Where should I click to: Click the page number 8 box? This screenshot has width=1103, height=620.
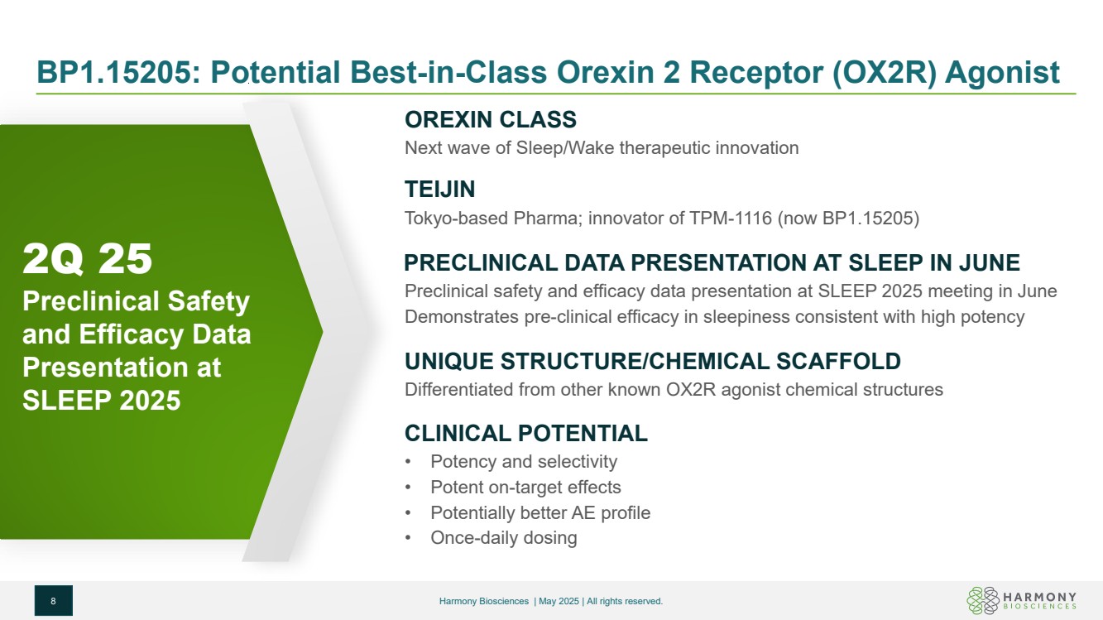[x=53, y=600]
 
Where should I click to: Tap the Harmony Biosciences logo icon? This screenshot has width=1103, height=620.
[x=983, y=600]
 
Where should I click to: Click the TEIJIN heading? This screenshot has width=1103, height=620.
[x=439, y=190]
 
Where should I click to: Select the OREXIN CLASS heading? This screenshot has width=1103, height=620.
[x=491, y=120]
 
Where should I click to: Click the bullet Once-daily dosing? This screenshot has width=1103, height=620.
[x=504, y=538]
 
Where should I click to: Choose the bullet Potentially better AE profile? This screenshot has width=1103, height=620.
[x=540, y=512]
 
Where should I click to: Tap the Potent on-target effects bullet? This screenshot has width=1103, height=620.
[x=525, y=487]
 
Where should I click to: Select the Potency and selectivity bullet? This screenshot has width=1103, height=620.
[x=524, y=461]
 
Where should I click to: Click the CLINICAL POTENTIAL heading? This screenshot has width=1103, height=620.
[x=526, y=434]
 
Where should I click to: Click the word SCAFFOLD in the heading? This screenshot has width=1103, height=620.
[x=838, y=361]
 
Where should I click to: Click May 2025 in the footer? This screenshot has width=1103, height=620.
[x=559, y=601]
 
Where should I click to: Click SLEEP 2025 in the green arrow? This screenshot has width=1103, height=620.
[x=102, y=400]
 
